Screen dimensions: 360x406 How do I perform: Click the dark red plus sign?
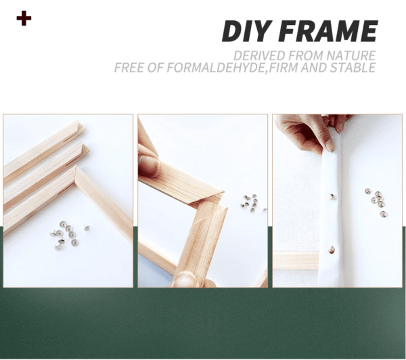pos(24,18)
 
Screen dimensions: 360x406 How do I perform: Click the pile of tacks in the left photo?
pos(68,231)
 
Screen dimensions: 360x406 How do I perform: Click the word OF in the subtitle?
pos(149,68)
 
